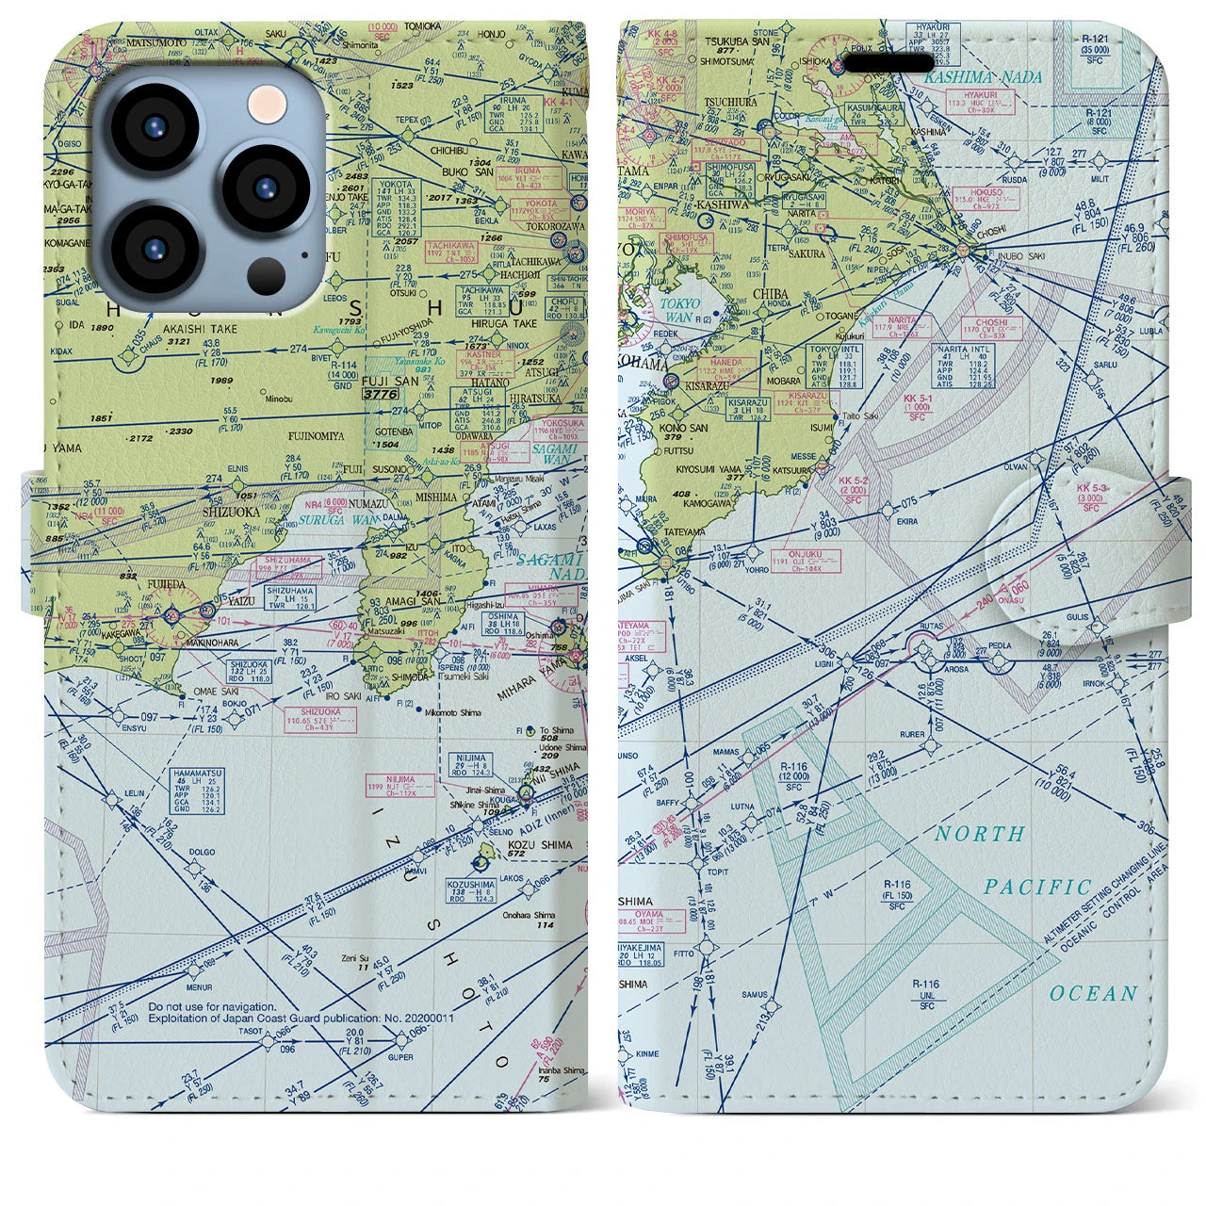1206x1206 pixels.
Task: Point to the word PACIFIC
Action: (x=1037, y=888)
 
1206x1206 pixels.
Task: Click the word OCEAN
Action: (x=1094, y=994)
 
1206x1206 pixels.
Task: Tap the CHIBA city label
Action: (x=770, y=294)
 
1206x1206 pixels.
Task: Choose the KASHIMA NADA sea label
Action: (x=985, y=77)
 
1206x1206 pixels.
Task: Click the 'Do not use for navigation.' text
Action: (x=212, y=1007)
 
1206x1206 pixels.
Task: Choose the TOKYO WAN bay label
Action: (x=679, y=311)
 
